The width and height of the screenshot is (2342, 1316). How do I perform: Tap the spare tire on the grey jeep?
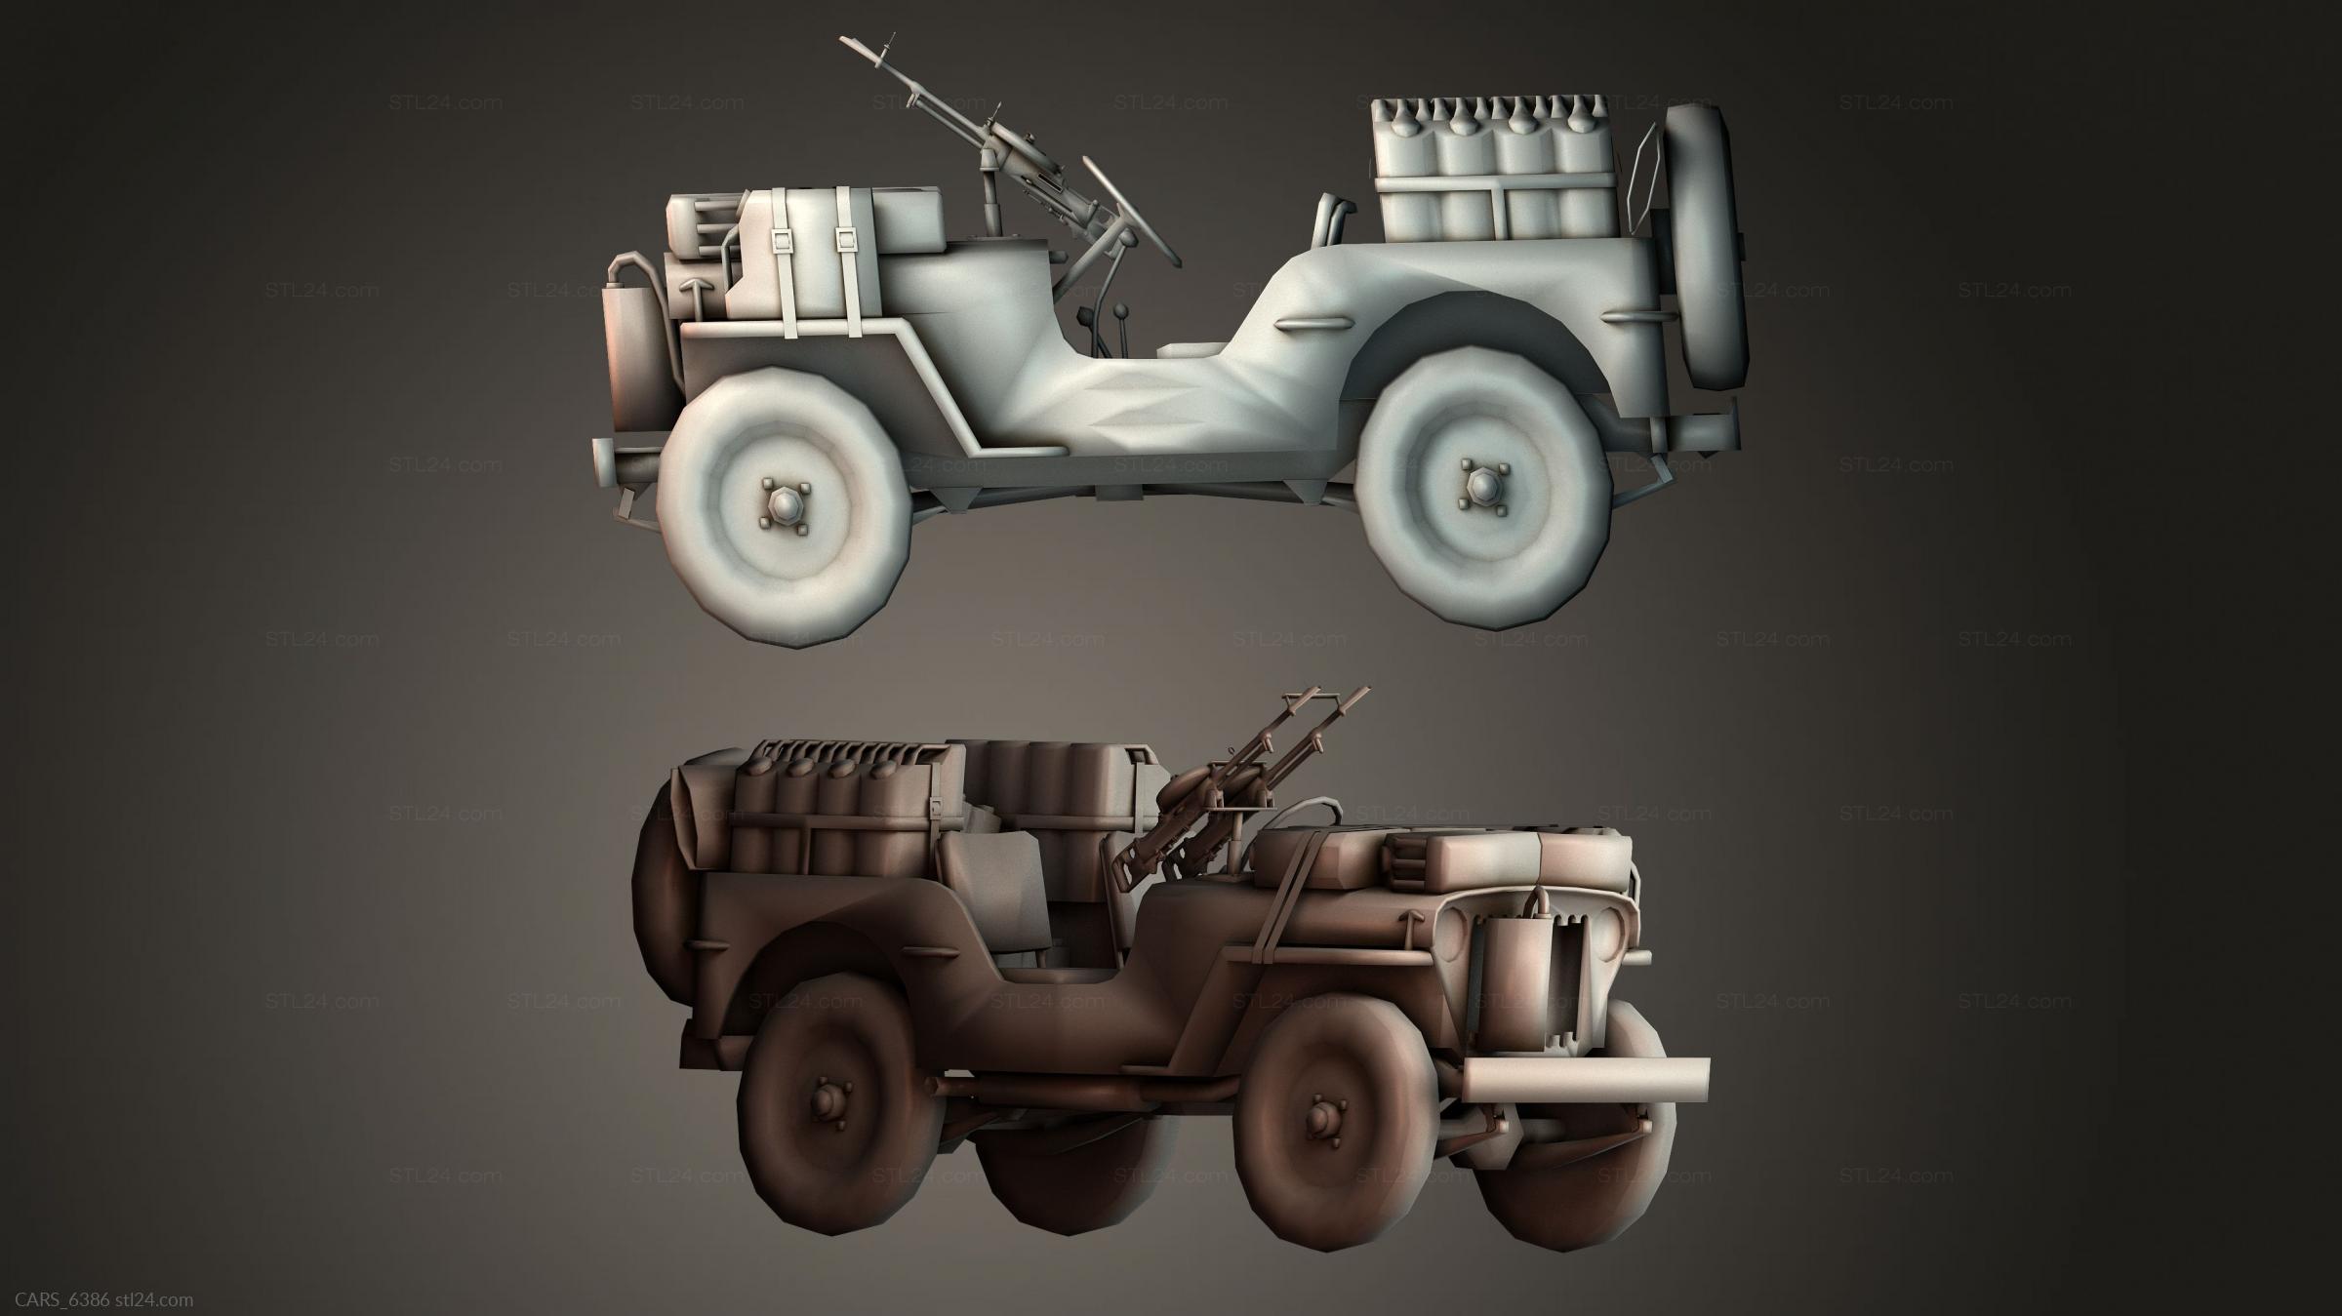coord(1705,248)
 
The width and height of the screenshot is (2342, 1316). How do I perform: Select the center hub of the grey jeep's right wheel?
coord(1474,482)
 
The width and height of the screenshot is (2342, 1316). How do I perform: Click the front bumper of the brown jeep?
coord(1585,1079)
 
